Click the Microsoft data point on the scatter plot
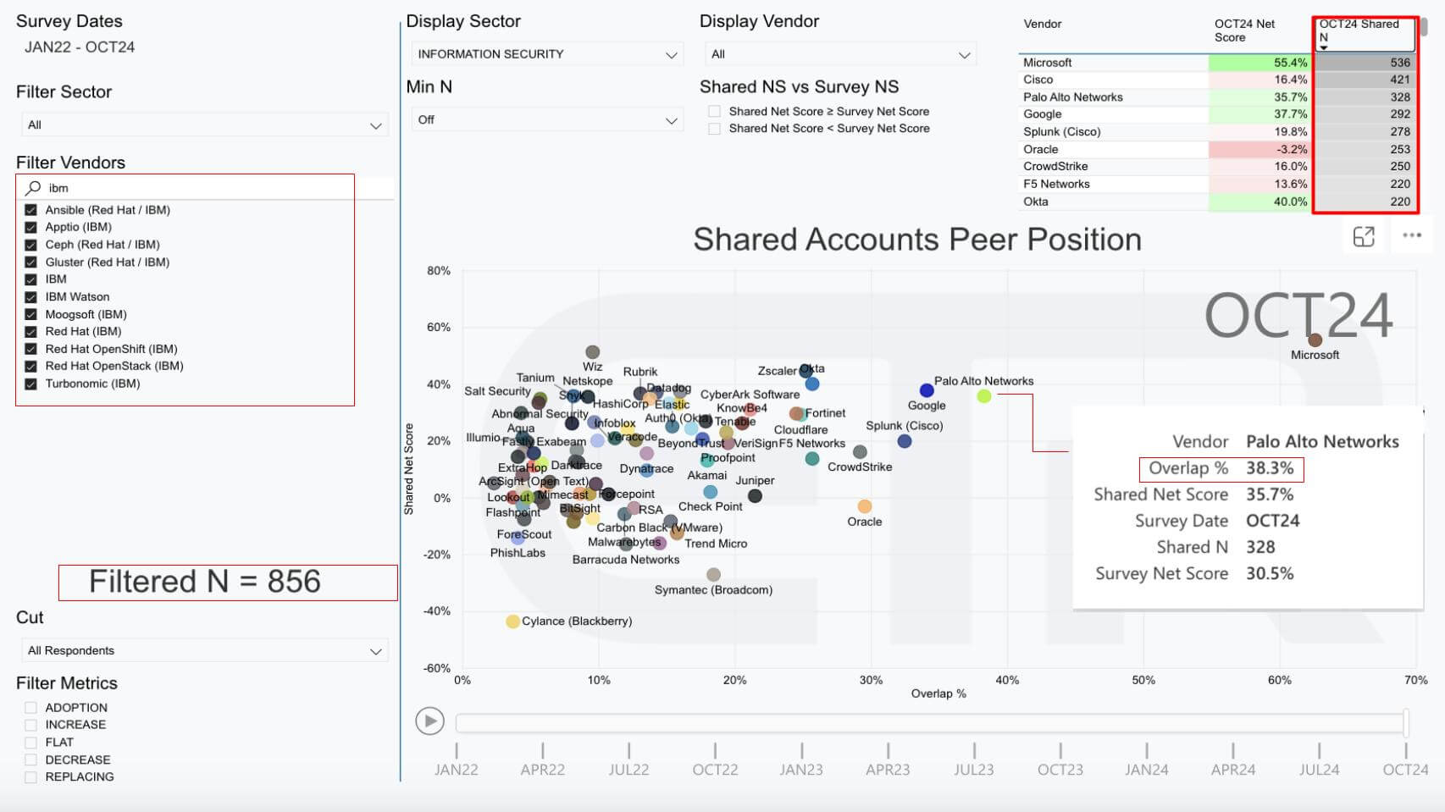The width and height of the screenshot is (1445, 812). [1315, 340]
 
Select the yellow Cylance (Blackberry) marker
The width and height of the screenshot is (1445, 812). [512, 621]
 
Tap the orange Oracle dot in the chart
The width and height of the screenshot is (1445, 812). [864, 506]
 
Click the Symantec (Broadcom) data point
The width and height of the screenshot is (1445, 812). [713, 575]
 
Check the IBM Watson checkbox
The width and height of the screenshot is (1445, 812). [31, 296]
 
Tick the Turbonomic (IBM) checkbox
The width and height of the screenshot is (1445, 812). [31, 384]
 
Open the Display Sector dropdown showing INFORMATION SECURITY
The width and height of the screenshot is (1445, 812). [547, 54]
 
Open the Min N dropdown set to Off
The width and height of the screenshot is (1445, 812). [547, 120]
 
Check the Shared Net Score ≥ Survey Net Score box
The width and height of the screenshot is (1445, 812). [715, 112]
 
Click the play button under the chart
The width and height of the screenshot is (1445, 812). [429, 721]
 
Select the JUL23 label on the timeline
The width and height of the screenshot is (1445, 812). [973, 770]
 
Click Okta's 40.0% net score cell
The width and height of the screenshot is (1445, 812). [1259, 202]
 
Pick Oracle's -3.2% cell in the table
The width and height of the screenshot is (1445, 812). [1259, 149]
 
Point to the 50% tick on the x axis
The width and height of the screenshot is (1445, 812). [1143, 680]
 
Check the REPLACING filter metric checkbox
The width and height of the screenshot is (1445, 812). [31, 776]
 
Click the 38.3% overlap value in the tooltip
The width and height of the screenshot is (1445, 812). [1269, 468]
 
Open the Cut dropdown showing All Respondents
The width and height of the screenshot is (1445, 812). [203, 650]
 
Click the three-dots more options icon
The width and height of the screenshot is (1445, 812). [1411, 235]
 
